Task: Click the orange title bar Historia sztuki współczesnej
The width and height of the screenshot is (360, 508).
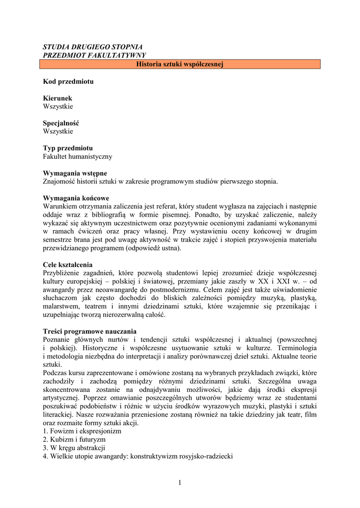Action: [180, 64]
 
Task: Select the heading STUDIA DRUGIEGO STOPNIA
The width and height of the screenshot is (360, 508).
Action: [93, 47]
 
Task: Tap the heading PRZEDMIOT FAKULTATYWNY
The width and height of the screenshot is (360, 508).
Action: [94, 55]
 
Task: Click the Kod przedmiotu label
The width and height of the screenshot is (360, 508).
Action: [68, 81]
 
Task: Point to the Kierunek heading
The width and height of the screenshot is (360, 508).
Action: [58, 98]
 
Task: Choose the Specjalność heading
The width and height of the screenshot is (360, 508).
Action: [61, 123]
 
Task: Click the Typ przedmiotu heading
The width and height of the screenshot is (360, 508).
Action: [68, 148]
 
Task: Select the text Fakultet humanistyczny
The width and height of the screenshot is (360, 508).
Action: [77, 156]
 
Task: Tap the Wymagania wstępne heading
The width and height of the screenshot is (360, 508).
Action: [75, 173]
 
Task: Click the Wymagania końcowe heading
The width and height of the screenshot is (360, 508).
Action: [76, 198]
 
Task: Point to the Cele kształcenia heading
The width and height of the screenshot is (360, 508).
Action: [68, 264]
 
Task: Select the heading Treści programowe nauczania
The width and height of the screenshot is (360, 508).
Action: [89, 331]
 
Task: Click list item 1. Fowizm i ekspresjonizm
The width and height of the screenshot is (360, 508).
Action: [82, 431]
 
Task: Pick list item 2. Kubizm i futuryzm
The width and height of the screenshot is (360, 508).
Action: [74, 440]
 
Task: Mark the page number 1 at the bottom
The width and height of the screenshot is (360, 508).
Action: [180, 484]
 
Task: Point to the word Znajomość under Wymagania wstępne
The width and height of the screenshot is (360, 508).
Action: [61, 182]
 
